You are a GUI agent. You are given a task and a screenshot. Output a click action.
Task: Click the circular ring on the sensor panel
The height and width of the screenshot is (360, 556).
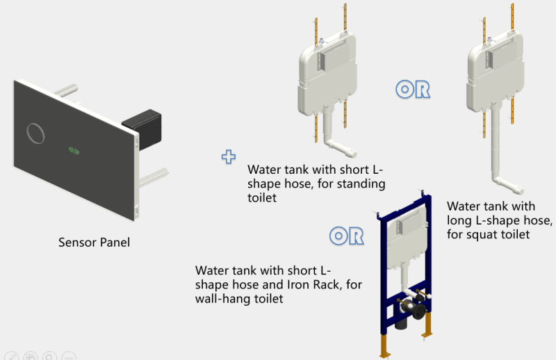point(34,132)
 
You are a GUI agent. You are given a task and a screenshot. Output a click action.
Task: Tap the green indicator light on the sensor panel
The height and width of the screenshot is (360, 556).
point(73,149)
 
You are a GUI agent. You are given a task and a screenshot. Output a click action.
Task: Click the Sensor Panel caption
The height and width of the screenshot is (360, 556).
point(94,243)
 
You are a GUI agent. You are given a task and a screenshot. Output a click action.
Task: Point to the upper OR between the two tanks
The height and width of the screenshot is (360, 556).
point(413,90)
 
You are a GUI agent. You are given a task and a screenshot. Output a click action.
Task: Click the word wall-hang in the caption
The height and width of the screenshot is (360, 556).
point(222,299)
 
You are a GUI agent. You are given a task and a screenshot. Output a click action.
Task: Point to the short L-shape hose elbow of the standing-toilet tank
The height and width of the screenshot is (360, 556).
point(340,147)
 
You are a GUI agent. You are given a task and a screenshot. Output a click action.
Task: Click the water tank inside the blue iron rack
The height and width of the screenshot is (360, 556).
point(402,243)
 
